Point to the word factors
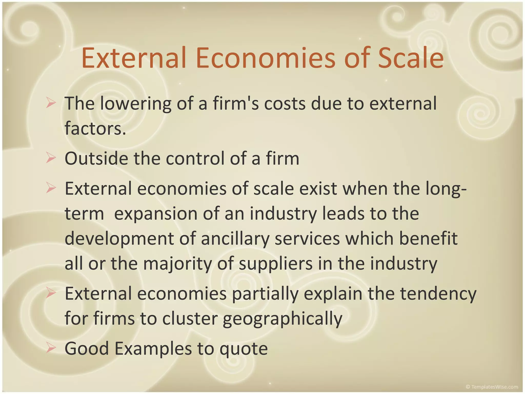tap(95, 128)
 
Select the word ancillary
tap(235, 239)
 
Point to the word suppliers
tap(276, 263)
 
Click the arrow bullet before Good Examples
tap(51, 348)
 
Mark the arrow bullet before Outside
tap(51, 158)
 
